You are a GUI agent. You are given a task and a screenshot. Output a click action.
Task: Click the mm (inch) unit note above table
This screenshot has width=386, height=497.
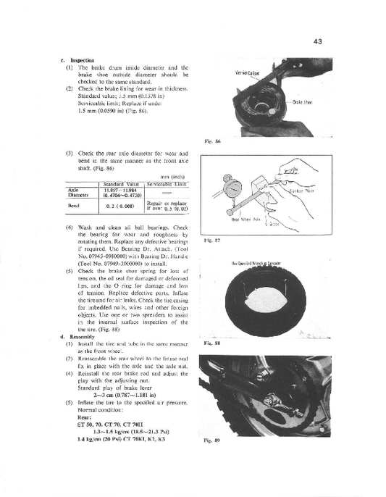[172, 176]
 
